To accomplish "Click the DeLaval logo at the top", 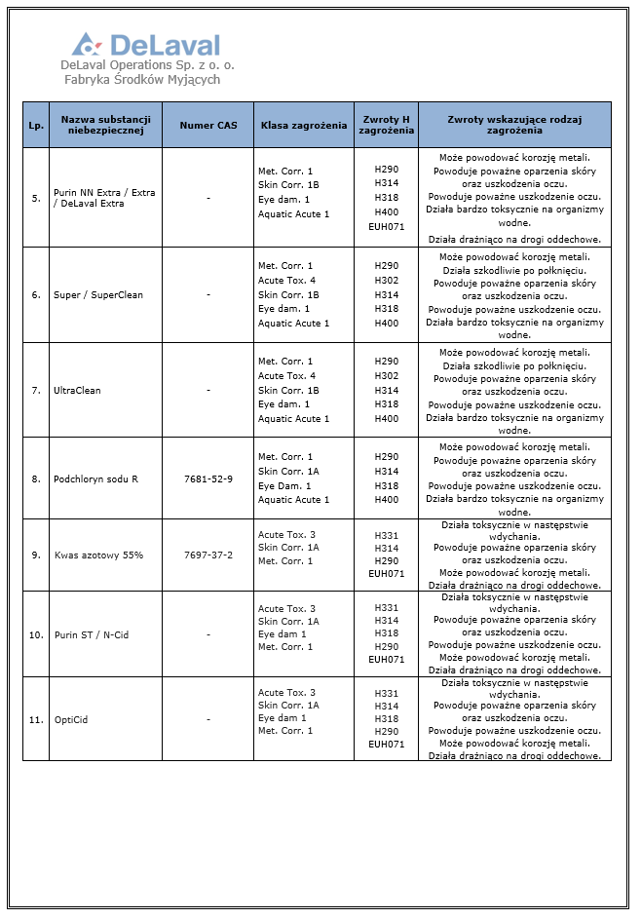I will [146, 44].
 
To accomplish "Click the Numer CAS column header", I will [207, 126].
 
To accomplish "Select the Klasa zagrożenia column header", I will [304, 126].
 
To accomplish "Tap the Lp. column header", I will [36, 126].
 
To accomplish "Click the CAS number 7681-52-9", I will [208, 479].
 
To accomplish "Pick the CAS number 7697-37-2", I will [208, 555].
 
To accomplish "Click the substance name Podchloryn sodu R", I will [95, 479].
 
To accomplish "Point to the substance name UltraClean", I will [79, 391].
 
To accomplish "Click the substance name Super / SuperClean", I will [98, 295].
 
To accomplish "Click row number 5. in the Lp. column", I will [36, 199].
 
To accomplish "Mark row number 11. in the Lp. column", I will [36, 720].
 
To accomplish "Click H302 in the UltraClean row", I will [386, 375].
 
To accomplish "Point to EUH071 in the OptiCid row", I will [386, 745].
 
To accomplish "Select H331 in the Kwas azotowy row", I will [386, 535].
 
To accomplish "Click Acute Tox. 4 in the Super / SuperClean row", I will [286, 280].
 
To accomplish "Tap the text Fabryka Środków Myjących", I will [142, 79].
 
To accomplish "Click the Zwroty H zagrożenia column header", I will [386, 125].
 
